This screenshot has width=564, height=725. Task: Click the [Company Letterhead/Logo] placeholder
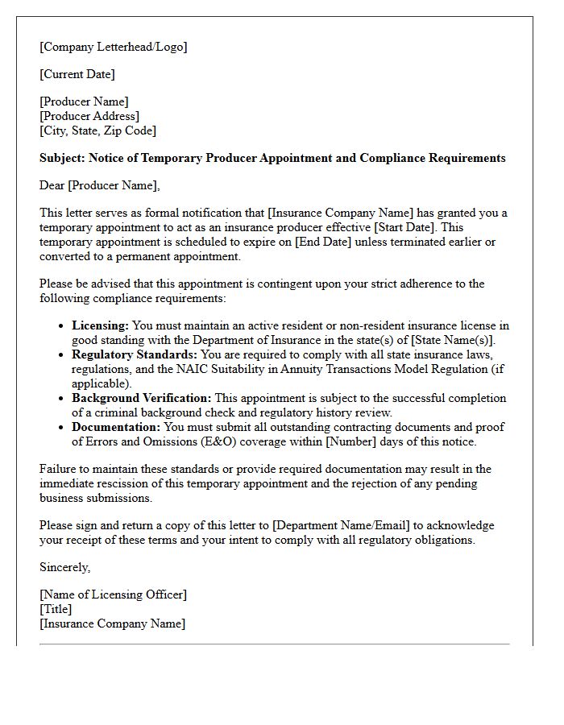[x=113, y=47]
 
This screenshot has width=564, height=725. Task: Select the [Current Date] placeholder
[x=77, y=74]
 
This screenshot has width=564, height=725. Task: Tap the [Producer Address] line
[x=89, y=116]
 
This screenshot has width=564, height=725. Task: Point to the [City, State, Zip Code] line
[x=97, y=130]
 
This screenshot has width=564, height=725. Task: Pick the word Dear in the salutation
[x=52, y=185]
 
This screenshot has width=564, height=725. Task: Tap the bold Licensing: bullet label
[x=100, y=326]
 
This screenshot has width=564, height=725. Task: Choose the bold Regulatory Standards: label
[x=135, y=354]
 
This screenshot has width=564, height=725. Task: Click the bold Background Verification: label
[x=142, y=398]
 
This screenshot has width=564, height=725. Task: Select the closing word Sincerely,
[x=65, y=567]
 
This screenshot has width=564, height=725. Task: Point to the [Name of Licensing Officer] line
[x=113, y=594]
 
